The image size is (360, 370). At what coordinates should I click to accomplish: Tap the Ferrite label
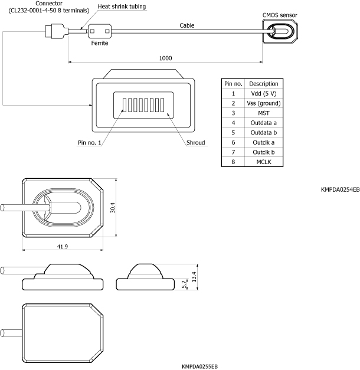tap(100, 43)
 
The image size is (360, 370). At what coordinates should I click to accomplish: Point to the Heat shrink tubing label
tap(122, 6)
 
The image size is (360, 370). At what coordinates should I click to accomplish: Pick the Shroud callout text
tap(195, 143)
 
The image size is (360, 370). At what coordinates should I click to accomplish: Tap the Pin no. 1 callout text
tap(89, 143)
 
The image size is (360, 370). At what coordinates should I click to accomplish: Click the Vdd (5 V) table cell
tap(264, 93)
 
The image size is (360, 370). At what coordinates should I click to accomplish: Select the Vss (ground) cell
tap(264, 103)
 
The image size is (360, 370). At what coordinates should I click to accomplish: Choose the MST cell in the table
tap(264, 113)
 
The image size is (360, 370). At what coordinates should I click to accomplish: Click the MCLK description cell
tap(264, 161)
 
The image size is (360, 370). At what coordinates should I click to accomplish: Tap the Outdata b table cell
tap(264, 132)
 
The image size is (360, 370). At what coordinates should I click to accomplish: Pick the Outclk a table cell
tap(264, 142)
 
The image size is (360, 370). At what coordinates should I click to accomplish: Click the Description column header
tap(264, 84)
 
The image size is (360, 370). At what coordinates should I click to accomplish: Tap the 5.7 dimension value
tap(184, 284)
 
